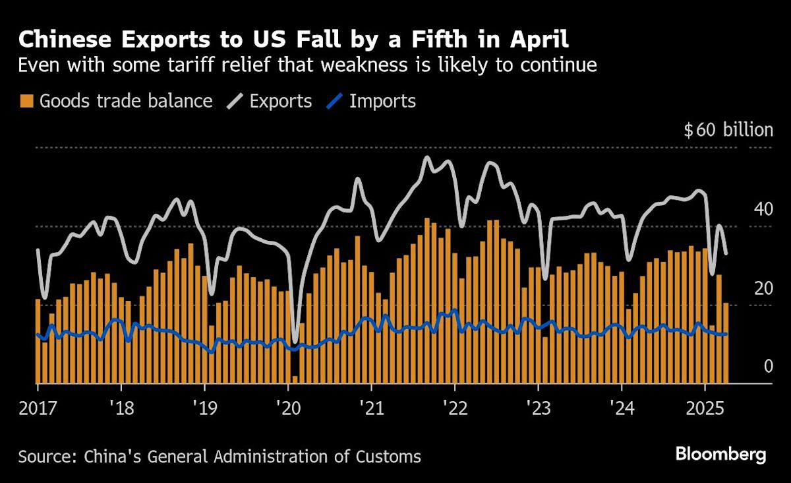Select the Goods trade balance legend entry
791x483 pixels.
point(117,101)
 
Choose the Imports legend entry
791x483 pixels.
point(373,101)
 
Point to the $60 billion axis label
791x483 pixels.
point(728,130)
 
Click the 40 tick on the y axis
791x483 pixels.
point(763,210)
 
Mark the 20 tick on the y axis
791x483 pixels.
point(763,288)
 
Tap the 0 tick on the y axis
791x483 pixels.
point(768,367)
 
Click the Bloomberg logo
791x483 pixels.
point(720,455)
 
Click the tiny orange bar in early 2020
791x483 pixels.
point(295,379)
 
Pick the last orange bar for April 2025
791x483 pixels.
point(726,343)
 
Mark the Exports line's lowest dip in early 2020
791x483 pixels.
point(295,341)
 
